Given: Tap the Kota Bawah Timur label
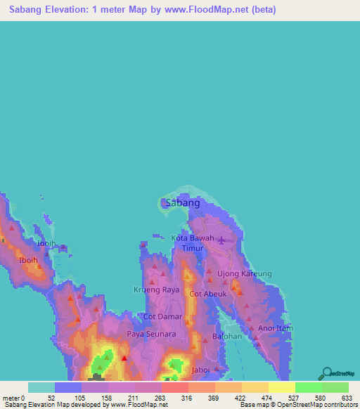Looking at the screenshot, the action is (x=193, y=243).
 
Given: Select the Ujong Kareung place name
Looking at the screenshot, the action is (x=244, y=273).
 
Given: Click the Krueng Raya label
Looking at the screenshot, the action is (x=157, y=290).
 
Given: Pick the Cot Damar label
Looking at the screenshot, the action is (x=162, y=317).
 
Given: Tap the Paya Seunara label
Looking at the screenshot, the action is (x=151, y=334).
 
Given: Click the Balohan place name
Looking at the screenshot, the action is (x=226, y=337).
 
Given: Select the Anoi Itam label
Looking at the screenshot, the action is (x=275, y=328).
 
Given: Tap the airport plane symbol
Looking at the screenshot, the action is (x=222, y=241).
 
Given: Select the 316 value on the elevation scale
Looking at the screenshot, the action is (x=188, y=398).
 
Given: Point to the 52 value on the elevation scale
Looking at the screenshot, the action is (x=51, y=398).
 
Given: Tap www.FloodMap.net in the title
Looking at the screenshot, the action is (x=212, y=10).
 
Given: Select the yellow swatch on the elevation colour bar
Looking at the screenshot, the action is (x=281, y=387).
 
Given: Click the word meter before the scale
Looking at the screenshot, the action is (x=10, y=398).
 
